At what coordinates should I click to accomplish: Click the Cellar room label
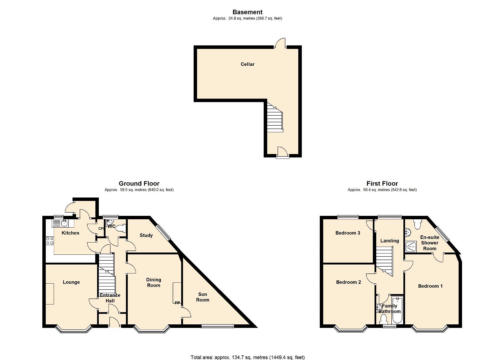[247, 64]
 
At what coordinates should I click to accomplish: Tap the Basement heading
[247, 12]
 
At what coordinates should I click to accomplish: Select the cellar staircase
[275, 119]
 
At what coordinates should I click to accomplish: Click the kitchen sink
[63, 223]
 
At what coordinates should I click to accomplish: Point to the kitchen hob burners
[50, 241]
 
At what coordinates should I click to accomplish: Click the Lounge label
[71, 282]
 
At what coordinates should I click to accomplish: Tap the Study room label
[146, 235]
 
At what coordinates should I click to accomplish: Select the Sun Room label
[203, 297]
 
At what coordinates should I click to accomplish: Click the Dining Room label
[154, 283]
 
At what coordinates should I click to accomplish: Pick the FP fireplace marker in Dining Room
[177, 303]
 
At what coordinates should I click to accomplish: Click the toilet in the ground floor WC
[122, 228]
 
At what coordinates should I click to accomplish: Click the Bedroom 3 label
[348, 233]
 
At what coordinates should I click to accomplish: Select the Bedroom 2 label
[348, 282]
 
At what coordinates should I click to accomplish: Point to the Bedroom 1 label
[430, 286]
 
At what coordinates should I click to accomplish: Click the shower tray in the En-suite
[409, 246]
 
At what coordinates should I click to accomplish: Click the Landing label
[389, 241]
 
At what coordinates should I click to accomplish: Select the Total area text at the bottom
[247, 357]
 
